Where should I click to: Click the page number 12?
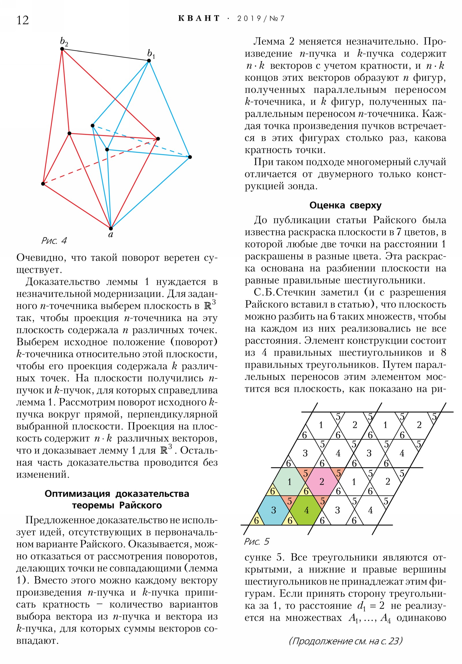tap(23, 20)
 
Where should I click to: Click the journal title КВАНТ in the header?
tap(199, 18)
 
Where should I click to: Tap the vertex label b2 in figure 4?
tap(64, 42)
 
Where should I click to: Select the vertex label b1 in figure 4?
tap(151, 54)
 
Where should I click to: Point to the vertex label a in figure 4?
tap(111, 234)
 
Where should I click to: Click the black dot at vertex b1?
tap(149, 61)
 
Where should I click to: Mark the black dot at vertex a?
tap(111, 228)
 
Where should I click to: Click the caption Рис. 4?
tap(54, 240)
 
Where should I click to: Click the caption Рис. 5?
tap(257, 541)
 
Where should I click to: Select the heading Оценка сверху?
tap(345, 205)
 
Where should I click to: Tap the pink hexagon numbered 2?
tap(321, 482)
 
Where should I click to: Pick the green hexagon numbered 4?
tap(306, 510)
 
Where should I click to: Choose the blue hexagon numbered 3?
tap(273, 510)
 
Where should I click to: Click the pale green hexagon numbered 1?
tap(289, 482)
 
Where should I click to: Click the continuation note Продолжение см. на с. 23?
tap(345, 641)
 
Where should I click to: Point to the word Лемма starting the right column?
tap(269, 42)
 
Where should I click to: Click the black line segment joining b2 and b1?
tap(106, 55)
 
